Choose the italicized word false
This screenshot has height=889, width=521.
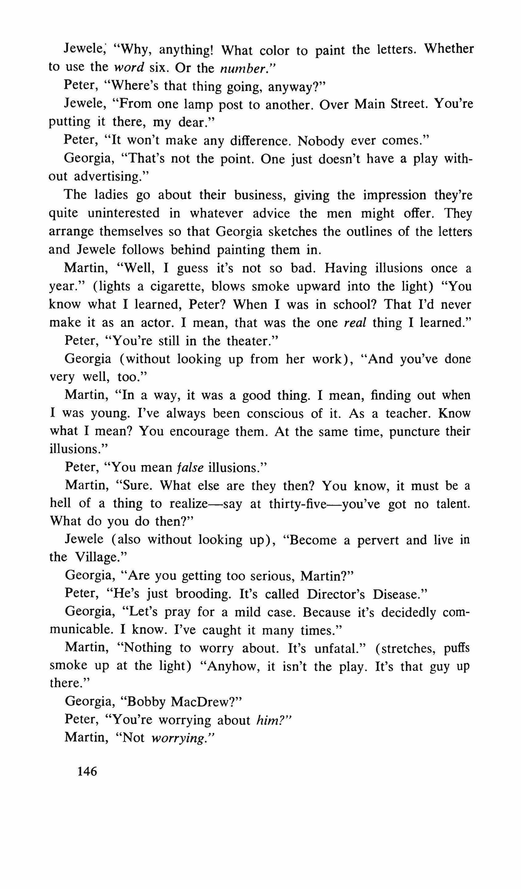point(190,467)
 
